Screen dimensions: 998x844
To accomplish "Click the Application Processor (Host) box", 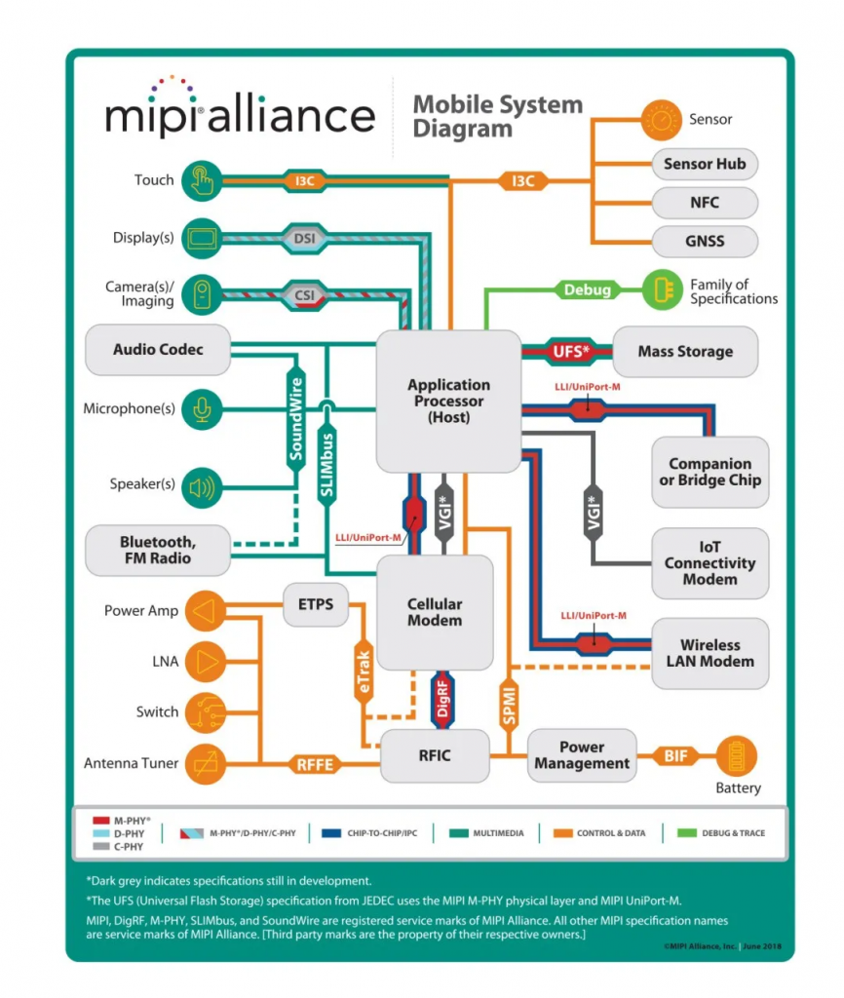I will pos(448,401).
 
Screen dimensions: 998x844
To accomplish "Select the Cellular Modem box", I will pos(435,612).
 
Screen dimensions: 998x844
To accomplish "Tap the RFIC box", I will pos(434,754).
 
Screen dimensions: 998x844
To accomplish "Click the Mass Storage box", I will pos(684,352).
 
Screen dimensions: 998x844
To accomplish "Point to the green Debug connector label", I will pos(588,289).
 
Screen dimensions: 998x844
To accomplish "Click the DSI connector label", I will pos(303,237).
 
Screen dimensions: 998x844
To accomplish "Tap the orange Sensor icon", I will pos(662,120).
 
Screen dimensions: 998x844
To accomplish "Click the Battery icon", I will pos(738,756).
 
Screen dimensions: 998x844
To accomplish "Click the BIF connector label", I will pos(675,755).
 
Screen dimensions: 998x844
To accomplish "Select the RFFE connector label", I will pos(315,764).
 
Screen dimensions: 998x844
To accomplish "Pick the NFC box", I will pos(704,202).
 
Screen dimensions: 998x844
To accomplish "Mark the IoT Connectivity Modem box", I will pos(710,563).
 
